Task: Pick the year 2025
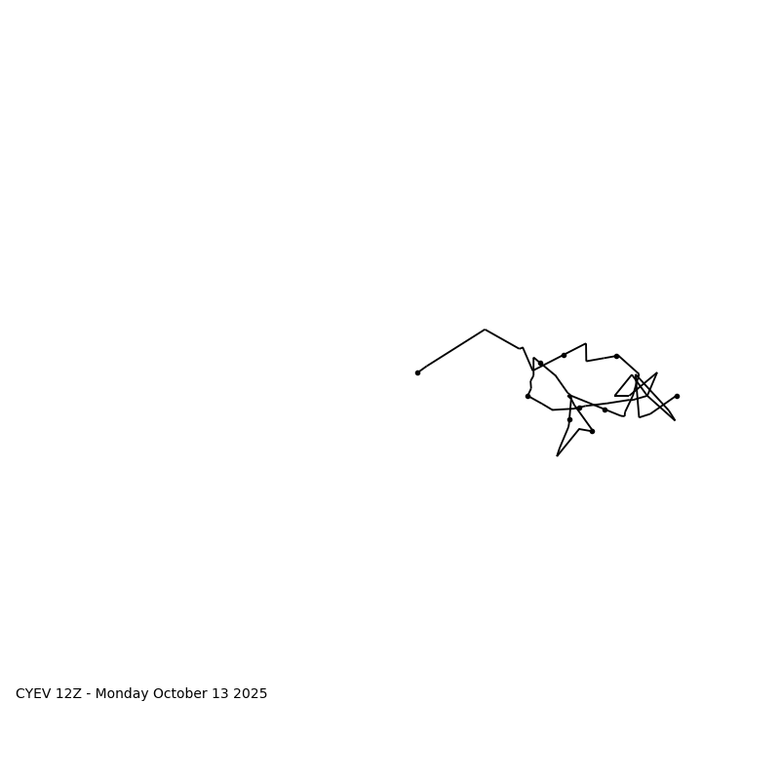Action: (x=251, y=694)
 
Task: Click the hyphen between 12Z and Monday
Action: (x=89, y=695)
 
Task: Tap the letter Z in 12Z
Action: (x=77, y=694)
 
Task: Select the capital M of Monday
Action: (x=101, y=694)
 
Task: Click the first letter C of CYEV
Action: (x=20, y=694)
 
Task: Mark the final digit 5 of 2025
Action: (x=263, y=694)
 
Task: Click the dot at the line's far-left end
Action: (x=417, y=372)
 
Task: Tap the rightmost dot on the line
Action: (x=677, y=396)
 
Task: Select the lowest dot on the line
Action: (x=592, y=431)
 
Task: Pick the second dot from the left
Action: (x=527, y=396)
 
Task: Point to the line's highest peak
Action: (x=485, y=330)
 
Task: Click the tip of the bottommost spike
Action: (x=558, y=455)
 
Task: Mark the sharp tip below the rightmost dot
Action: (x=675, y=420)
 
